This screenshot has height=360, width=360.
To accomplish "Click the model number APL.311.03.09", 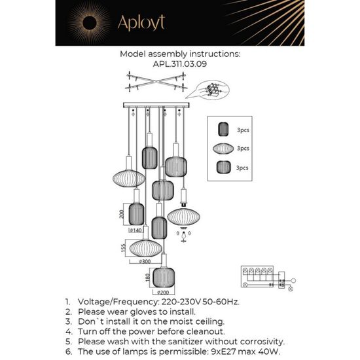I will [x=179, y=65].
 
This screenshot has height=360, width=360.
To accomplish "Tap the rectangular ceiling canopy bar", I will [x=155, y=105].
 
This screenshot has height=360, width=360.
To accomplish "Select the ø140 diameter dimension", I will [x=136, y=230].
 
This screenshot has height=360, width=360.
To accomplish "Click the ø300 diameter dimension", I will [x=145, y=261].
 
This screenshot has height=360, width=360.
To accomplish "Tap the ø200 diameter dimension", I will [x=163, y=292].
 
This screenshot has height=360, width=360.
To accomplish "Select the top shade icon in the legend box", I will [x=223, y=130].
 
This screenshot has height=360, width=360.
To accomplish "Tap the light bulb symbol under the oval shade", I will [x=184, y=230].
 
